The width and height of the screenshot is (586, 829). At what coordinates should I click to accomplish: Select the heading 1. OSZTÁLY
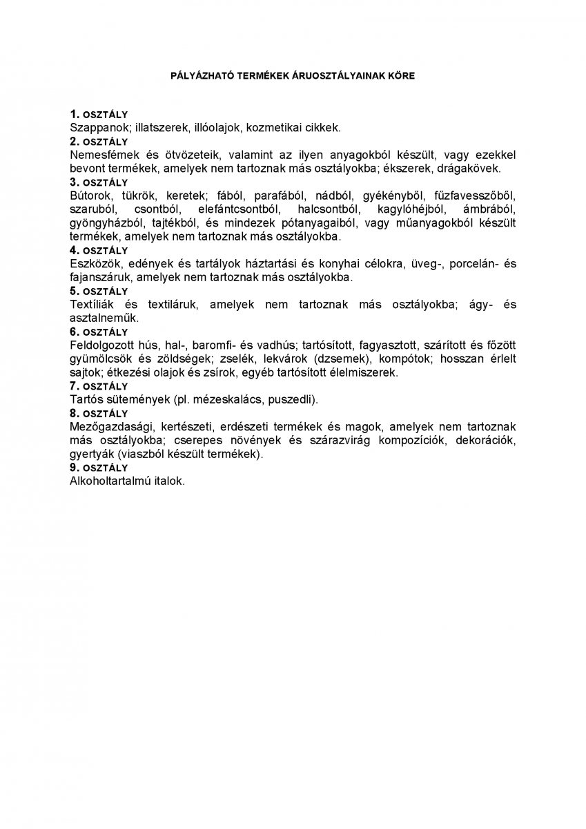pos(99,114)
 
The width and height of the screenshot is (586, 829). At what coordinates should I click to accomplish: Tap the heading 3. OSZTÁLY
pos(99,182)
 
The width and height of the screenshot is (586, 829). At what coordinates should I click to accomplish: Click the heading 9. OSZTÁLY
pos(99,468)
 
